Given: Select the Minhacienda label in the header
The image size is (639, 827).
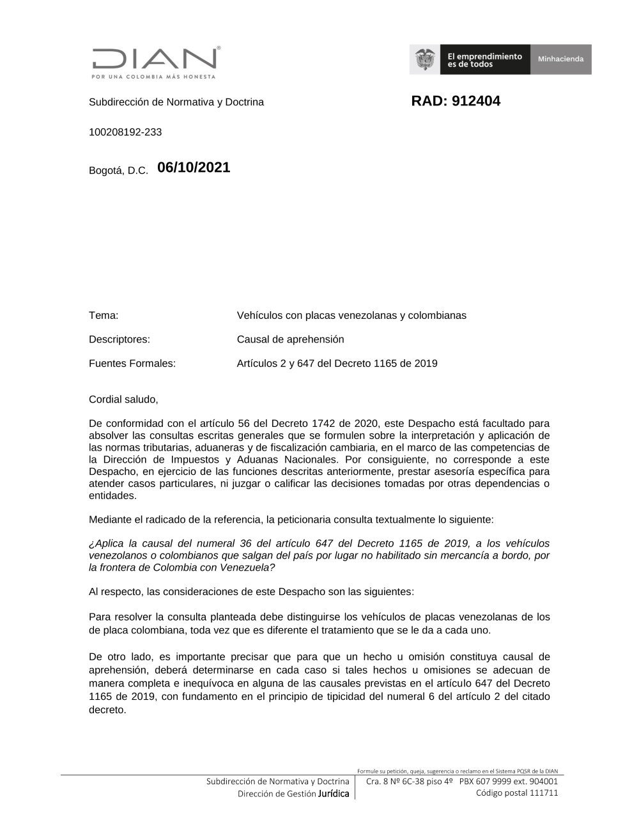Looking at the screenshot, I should pos(560,59).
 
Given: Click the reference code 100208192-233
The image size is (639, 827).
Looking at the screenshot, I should pos(125,132).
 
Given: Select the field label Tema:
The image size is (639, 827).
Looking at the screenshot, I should pos(104,315).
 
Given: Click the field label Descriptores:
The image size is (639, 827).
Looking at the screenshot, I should pos(119,339).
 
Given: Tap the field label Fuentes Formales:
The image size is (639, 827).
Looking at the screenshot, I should pos(132,364).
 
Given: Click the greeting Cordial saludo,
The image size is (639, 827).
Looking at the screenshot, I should pos(123,399).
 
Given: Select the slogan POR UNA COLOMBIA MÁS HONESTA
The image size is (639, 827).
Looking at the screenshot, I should pos(153,77).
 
